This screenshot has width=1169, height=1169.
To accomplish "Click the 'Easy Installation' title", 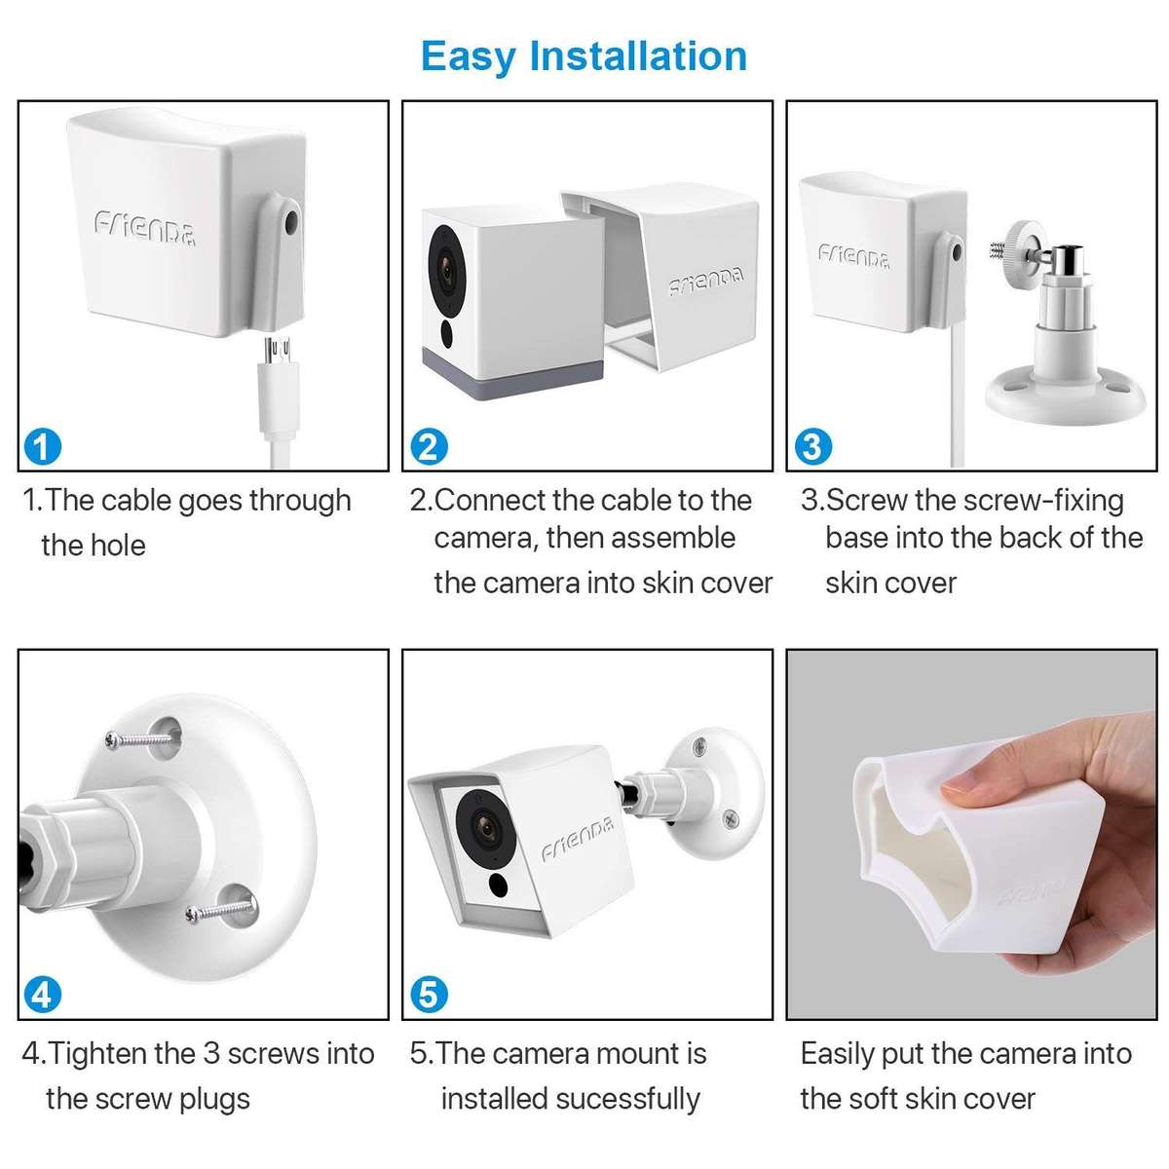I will pos(584,56).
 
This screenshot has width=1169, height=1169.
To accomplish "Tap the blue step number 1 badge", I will pos(41,447).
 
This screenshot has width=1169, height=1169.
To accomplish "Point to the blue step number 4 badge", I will pos(41,995).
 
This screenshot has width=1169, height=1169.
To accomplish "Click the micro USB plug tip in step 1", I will pos(282,348).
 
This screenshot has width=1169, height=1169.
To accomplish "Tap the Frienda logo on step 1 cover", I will pos(145,229).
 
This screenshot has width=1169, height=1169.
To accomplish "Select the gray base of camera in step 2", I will pos(511,359).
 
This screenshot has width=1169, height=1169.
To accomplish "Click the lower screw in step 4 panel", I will pos(220,911).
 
